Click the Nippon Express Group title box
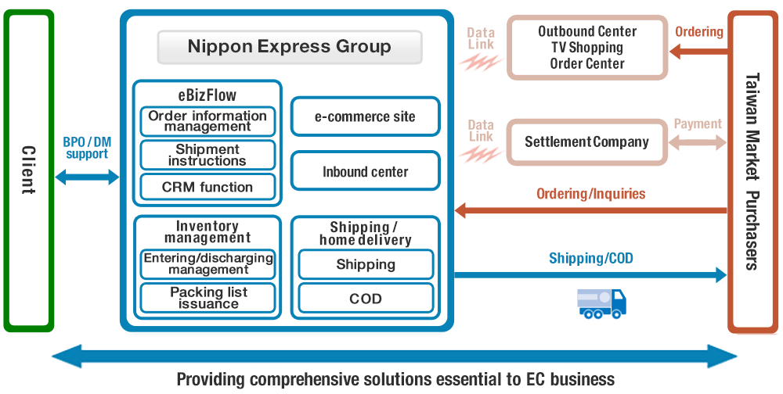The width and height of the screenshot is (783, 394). tap(290, 47)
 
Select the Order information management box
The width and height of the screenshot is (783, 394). tap(207, 121)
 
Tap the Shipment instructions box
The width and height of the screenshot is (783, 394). tap(207, 155)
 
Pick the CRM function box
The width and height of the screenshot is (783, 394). tap(207, 188)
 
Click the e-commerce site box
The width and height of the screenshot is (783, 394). tap(365, 117)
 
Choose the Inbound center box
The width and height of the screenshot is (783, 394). tap(365, 171)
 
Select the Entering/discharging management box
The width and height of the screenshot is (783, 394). tap(207, 263)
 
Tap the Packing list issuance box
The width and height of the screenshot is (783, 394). tap(207, 298)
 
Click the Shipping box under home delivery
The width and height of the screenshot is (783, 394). tap(366, 264)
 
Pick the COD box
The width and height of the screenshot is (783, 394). tap(366, 299)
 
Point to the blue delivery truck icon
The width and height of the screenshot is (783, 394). tap(601, 303)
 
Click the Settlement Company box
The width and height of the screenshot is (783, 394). tap(586, 142)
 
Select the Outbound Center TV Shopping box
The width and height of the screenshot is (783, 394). tap(587, 48)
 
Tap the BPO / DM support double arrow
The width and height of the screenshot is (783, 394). tap(86, 177)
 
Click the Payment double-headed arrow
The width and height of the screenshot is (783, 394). tap(698, 142)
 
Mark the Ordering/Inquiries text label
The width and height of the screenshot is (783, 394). tap(590, 193)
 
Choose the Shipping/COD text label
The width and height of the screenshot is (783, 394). tap(590, 258)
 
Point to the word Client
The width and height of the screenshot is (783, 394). tap(28, 170)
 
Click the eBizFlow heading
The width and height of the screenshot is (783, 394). tap(207, 96)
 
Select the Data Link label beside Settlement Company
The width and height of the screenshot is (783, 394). tap(481, 131)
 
